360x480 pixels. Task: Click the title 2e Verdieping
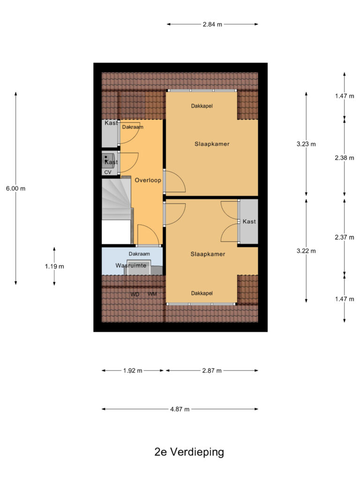(189, 452)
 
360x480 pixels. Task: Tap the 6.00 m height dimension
(15, 188)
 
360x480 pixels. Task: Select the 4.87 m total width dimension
(180, 409)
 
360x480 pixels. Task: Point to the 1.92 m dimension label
(133, 371)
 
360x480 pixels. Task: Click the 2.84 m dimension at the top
(212, 24)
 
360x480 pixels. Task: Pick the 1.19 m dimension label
(54, 266)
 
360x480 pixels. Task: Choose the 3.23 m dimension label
(306, 144)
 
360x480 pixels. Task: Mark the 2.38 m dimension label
(345, 158)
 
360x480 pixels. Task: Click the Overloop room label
(148, 180)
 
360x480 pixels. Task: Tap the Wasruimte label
(131, 265)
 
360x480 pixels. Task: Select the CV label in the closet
(108, 172)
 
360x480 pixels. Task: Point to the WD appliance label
(135, 294)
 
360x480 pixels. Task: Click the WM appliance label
(152, 294)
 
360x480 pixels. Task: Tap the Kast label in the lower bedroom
(249, 221)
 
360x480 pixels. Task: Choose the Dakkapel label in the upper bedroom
(202, 106)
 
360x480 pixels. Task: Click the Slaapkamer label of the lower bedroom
(208, 254)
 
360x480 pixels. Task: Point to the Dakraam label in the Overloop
(133, 127)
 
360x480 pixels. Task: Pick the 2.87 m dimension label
(212, 371)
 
